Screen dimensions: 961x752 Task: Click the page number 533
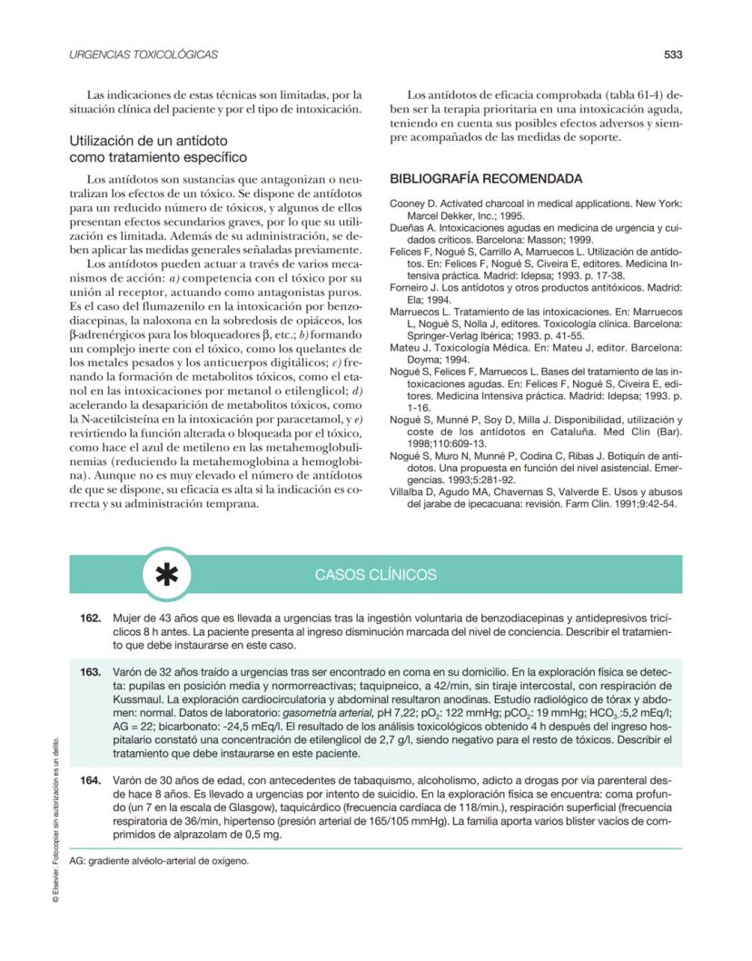(672, 54)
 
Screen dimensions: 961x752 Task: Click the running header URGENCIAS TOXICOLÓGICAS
(143, 54)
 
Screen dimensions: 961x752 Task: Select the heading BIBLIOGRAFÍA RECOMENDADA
(486, 179)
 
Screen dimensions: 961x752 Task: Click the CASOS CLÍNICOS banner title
(375, 575)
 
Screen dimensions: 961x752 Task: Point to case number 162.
(90, 618)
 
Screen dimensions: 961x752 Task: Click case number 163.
(90, 671)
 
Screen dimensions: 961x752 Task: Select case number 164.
(90, 780)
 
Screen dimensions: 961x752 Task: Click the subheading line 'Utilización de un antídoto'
(148, 142)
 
